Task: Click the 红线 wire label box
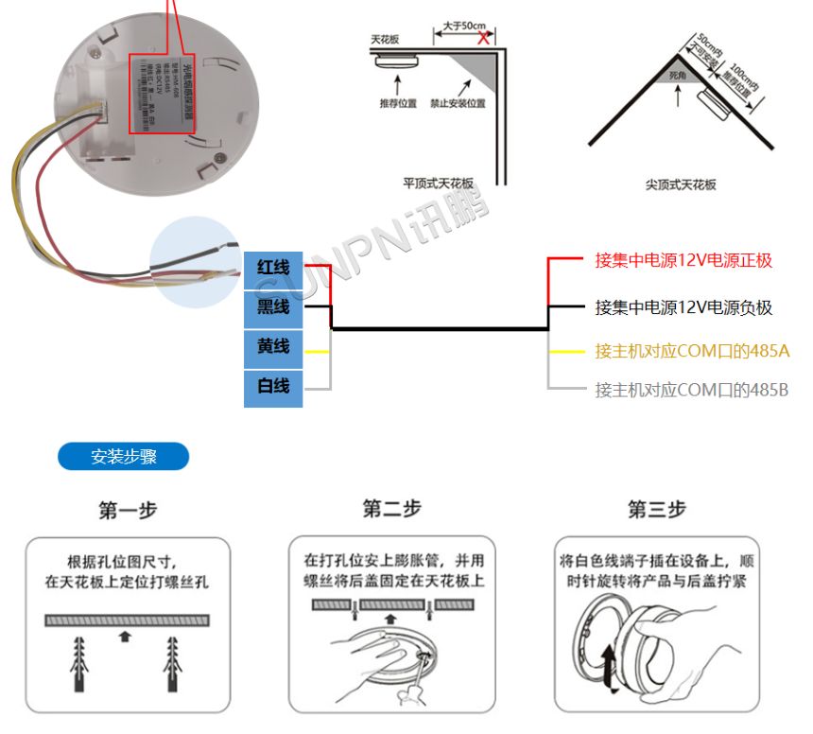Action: tap(273, 269)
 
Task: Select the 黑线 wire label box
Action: tap(273, 308)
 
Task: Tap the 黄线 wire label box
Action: tap(273, 347)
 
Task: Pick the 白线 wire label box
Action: tap(273, 386)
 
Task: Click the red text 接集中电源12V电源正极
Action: tap(683, 260)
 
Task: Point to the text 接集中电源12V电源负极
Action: tap(683, 307)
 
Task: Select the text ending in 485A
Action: tap(691, 351)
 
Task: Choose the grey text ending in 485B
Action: tap(691, 390)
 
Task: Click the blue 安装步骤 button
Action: tap(124, 457)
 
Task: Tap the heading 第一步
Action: tap(128, 511)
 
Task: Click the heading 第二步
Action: tap(391, 509)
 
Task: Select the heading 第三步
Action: tap(656, 510)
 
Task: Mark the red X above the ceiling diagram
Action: tap(484, 38)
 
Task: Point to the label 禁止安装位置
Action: tap(457, 102)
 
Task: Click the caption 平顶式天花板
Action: tap(437, 184)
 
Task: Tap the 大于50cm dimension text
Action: tap(465, 26)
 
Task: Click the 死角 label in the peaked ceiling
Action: tap(676, 73)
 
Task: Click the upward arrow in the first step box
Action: tap(124, 637)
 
